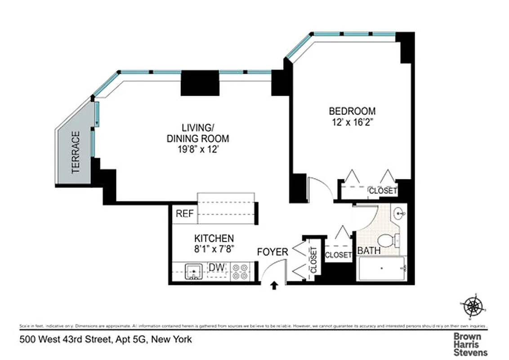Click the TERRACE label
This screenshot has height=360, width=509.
tap(75, 152)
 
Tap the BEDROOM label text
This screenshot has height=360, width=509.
tap(352, 111)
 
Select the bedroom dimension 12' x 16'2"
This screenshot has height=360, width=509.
tap(352, 121)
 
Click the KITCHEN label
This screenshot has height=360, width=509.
tap(214, 238)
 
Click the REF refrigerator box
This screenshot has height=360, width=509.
tap(184, 214)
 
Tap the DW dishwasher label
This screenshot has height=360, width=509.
tap(216, 268)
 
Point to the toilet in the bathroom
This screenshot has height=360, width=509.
tap(387, 241)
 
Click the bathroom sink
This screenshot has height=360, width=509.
tap(398, 214)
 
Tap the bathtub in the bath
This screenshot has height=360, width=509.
tap(382, 269)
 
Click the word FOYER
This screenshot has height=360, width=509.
tap(272, 252)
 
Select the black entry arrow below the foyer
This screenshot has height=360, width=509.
tap(274, 285)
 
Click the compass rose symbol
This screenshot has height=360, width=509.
tap(473, 307)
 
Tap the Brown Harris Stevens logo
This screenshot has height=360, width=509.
tap(469, 344)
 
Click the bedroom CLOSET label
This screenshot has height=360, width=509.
tap(383, 191)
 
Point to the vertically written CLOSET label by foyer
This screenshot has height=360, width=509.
tap(313, 261)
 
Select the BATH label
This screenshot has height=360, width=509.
tap(369, 251)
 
